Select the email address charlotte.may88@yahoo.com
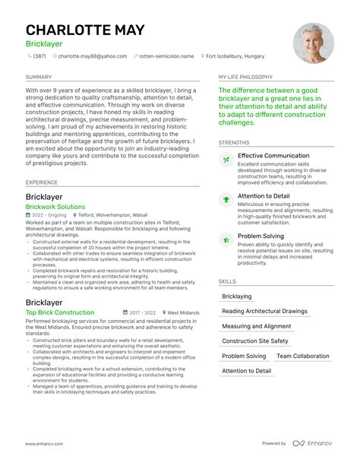[x=96, y=55]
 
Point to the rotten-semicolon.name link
[x=168, y=55]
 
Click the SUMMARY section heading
[x=39, y=77]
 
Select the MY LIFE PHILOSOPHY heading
[x=246, y=77]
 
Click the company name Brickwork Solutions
[x=55, y=207]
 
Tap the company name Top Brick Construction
[x=60, y=312]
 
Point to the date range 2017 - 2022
[x=142, y=312]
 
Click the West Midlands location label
[x=183, y=312]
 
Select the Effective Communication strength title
[x=273, y=157]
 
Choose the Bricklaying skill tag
[x=237, y=296]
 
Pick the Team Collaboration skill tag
[x=303, y=356]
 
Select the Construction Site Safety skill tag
[x=255, y=341]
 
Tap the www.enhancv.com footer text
[x=46, y=444]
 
